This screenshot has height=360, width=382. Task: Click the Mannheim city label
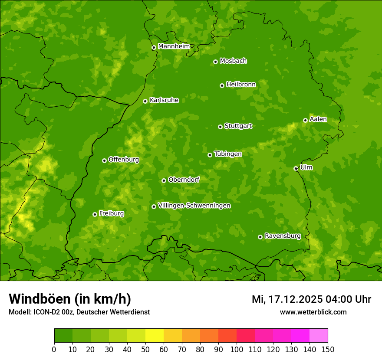click(174, 46)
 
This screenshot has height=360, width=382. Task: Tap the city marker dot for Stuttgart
click(220, 127)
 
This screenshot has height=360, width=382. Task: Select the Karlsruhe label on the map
click(164, 100)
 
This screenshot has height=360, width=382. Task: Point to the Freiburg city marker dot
click(95, 214)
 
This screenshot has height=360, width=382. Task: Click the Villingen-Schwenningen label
click(194, 206)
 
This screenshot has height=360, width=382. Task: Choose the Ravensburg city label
click(282, 236)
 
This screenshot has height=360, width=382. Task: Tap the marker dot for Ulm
click(296, 168)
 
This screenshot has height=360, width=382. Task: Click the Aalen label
click(318, 119)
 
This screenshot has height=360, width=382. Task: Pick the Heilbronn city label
click(241, 85)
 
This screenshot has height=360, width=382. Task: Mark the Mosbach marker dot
click(215, 62)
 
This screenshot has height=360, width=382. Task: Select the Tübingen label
click(227, 154)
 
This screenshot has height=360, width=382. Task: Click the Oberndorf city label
click(184, 180)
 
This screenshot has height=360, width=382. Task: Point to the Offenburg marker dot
click(104, 160)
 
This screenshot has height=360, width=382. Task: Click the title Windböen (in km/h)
click(70, 299)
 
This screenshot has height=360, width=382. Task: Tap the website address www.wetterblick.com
click(313, 312)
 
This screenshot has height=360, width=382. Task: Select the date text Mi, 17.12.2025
click(287, 299)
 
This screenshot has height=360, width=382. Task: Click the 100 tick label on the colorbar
click(237, 350)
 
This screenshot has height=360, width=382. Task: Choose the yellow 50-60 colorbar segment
click(155, 336)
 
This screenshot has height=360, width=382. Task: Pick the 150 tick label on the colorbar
click(328, 350)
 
